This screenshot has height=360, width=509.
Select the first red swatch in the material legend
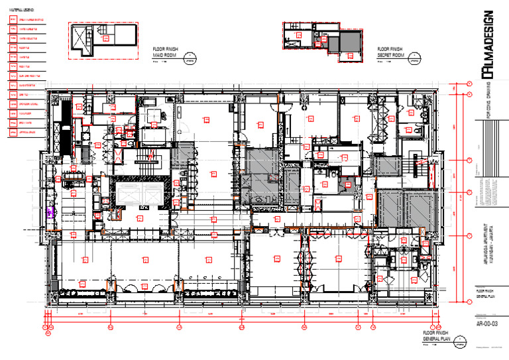point(13,20)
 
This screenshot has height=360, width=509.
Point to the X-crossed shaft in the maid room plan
point(82,36)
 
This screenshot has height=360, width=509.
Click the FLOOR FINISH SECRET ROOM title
point(390,52)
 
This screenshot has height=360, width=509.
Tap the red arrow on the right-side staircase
point(419,162)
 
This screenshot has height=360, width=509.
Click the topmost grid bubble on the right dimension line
point(469,84)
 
